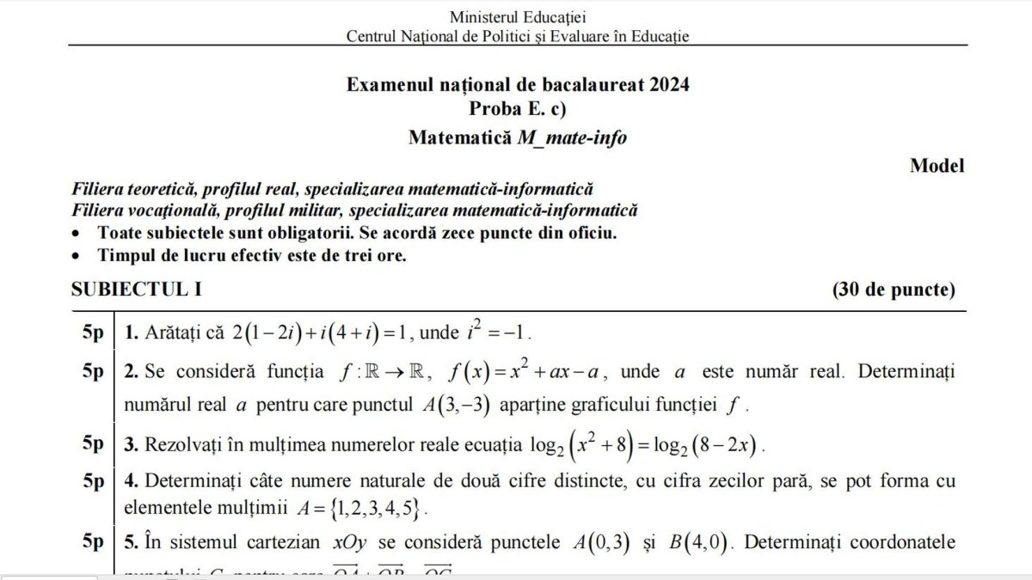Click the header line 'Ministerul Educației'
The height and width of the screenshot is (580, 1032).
(x=518, y=16)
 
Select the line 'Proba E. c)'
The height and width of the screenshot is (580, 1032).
(x=518, y=109)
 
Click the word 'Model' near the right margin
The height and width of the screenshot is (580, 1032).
(x=937, y=166)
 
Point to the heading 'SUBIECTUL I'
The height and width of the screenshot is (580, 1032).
(x=137, y=290)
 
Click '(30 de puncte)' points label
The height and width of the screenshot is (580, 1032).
(x=894, y=290)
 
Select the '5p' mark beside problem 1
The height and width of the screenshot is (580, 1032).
(x=93, y=332)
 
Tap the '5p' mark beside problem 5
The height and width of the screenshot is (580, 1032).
(x=93, y=542)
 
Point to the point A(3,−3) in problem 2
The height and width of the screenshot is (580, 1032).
(x=464, y=404)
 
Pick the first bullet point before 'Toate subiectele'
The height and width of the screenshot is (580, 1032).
(x=78, y=235)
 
